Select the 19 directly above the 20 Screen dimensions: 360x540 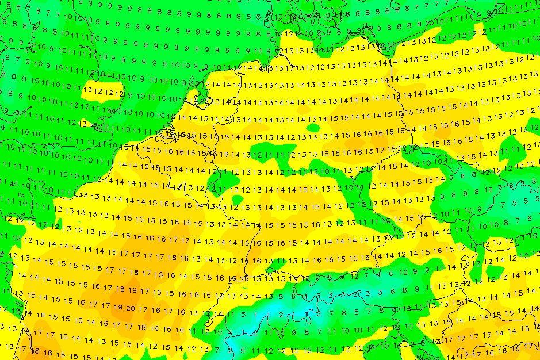132,290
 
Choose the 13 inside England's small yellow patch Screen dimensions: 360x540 89,90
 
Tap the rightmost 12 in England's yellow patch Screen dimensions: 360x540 118,93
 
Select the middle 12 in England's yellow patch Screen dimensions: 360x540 109,92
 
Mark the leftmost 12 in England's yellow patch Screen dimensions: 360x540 98,91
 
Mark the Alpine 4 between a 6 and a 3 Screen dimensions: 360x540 306,297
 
